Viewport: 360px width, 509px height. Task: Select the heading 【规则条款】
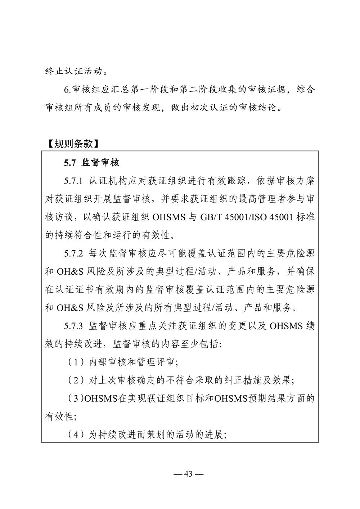click(72, 144)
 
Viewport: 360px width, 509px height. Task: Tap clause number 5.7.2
click(74, 253)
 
